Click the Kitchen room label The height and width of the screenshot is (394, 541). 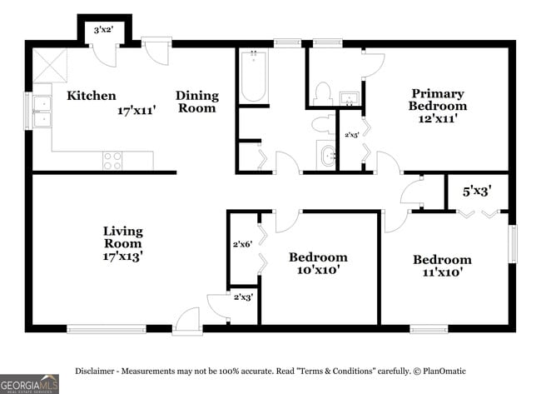pyautogui.click(x=92, y=96)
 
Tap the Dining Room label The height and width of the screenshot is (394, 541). pyautogui.click(x=196, y=102)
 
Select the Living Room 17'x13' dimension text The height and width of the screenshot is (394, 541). pyautogui.click(x=123, y=257)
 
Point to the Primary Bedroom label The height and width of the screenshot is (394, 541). pyautogui.click(x=437, y=100)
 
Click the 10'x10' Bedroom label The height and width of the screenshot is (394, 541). pyautogui.click(x=318, y=263)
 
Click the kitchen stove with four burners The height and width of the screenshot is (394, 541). pyautogui.click(x=112, y=160)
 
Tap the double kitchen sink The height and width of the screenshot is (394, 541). pyautogui.click(x=41, y=112)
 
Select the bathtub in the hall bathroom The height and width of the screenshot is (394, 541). pyautogui.click(x=253, y=77)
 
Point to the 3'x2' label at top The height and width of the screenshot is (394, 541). pyautogui.click(x=104, y=31)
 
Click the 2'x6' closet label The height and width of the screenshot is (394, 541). pyautogui.click(x=242, y=244)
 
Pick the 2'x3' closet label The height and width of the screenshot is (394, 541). pyautogui.click(x=242, y=297)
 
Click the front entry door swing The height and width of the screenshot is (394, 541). pyautogui.click(x=188, y=321)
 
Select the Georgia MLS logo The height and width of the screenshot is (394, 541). pyautogui.click(x=30, y=384)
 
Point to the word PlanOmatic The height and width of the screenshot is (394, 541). pyautogui.click(x=445, y=371)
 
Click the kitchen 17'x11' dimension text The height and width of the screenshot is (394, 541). pyautogui.click(x=136, y=110)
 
